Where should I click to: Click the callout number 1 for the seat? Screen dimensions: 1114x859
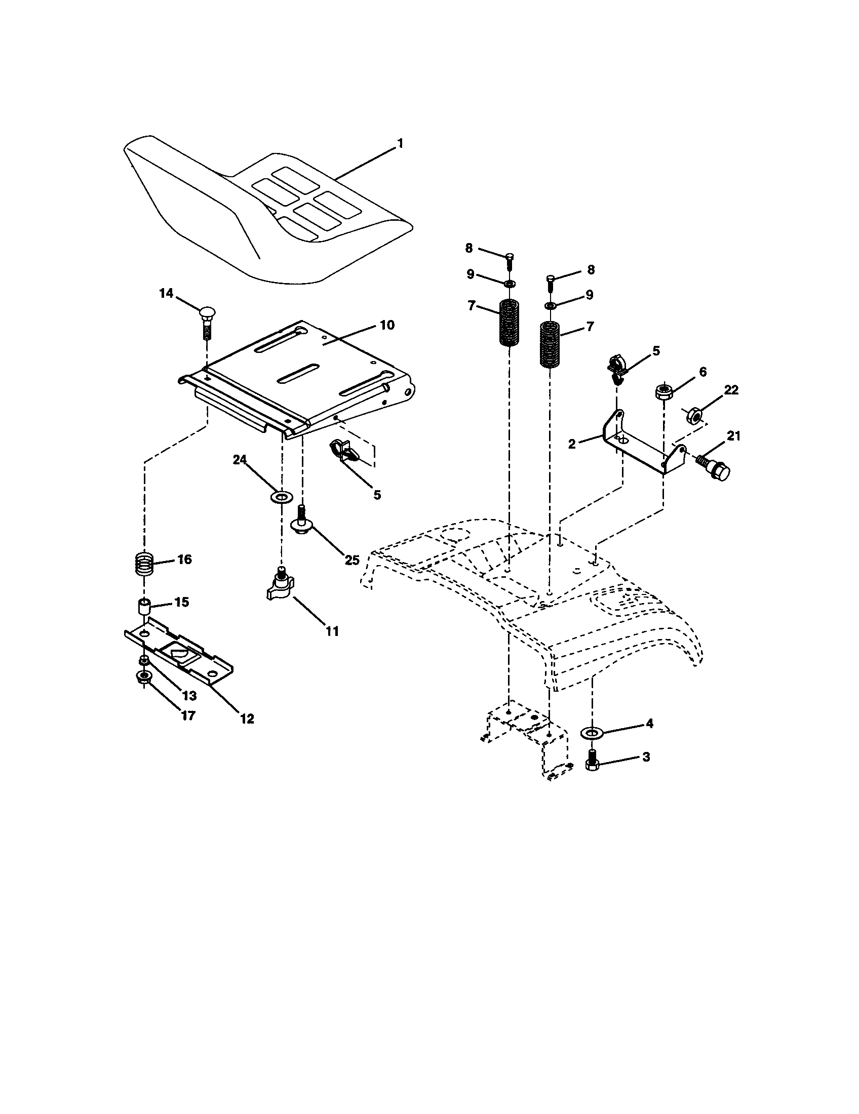click(x=400, y=144)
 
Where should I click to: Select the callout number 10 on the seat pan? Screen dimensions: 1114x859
click(x=387, y=326)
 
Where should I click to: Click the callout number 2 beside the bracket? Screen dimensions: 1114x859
click(x=572, y=444)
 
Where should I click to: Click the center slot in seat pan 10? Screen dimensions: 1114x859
click(x=297, y=373)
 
